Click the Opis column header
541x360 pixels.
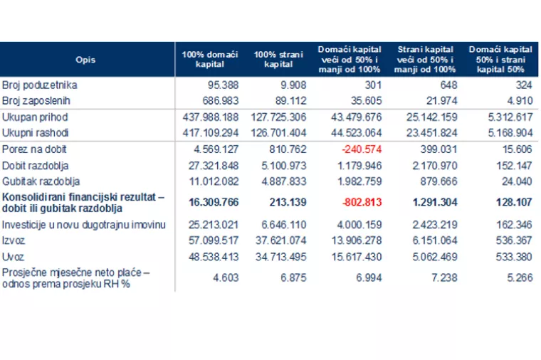(x=85, y=60)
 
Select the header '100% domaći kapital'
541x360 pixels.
(x=210, y=59)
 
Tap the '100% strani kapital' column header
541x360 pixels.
(x=278, y=59)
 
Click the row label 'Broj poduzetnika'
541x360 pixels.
(x=39, y=85)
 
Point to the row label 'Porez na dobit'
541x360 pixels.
(x=34, y=149)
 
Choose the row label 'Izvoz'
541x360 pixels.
(x=14, y=240)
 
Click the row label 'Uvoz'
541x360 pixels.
(x=13, y=257)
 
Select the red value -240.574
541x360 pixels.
(x=362, y=149)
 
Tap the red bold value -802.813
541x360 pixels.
(x=362, y=202)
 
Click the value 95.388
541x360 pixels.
(x=223, y=85)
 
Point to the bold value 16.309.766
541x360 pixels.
(x=214, y=202)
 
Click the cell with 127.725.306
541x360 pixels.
(x=278, y=117)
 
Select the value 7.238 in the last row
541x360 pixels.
(x=444, y=277)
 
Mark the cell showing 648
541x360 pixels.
(x=448, y=85)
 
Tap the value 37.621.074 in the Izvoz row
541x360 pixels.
(x=281, y=240)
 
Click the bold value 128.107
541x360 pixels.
(x=514, y=202)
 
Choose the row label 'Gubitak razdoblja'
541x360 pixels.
(x=41, y=181)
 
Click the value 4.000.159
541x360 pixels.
(x=359, y=225)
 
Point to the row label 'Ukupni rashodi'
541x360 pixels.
(x=35, y=133)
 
